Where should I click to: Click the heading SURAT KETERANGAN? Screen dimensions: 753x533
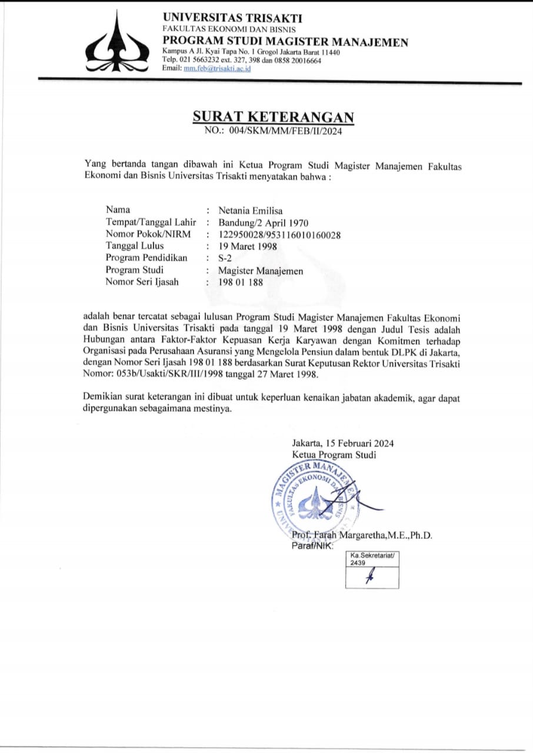point(274,116)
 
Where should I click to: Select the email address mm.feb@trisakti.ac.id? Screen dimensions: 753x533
point(217,68)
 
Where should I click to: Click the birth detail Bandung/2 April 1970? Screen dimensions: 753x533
point(263,222)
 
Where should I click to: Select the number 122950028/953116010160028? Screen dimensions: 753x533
point(280,234)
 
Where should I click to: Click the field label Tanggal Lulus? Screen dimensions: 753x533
point(135,246)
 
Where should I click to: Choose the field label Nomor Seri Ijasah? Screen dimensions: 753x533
point(142,282)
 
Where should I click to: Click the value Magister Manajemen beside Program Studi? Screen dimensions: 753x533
point(261,271)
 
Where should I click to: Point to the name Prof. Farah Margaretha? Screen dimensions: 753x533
point(362,535)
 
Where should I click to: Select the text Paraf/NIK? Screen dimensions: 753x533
point(312,546)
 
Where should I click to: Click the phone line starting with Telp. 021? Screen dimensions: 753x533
point(242,60)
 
